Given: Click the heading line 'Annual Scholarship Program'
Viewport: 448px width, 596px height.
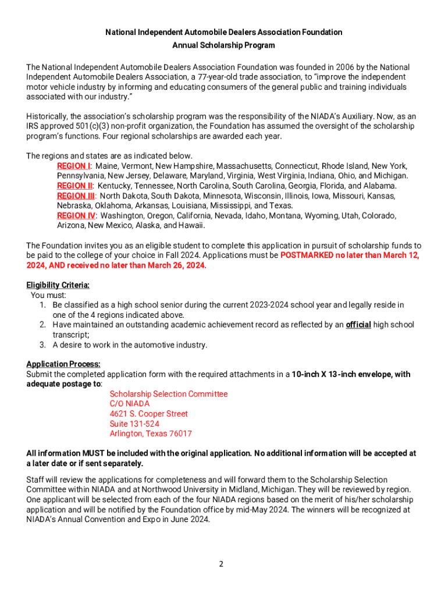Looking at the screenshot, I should click(224, 45).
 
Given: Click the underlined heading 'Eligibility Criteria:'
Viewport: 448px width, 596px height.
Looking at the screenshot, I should click(58, 285).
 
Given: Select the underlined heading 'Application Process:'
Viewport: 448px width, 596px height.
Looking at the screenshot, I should click(63, 364).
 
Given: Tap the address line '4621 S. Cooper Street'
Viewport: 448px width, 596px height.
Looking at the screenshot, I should click(148, 414).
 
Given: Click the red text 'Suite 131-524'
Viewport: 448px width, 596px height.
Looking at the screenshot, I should click(134, 424).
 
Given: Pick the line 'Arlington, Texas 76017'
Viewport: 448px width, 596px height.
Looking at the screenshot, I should click(151, 434).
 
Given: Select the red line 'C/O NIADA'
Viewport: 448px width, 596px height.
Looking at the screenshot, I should click(130, 404).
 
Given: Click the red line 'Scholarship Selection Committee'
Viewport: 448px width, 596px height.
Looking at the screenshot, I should click(169, 394).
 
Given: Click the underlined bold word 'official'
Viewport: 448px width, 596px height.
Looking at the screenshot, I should click(358, 325).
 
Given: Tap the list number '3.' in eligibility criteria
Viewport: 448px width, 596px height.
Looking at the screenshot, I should click(43, 345).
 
